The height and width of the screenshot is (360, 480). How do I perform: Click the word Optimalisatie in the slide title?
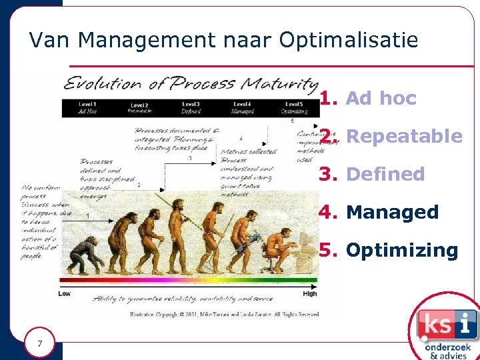349,41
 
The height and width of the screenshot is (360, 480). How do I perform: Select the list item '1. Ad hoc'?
367,99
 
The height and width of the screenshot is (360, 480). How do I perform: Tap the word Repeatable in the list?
405,137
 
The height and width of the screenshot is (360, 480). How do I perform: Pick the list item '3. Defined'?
371,175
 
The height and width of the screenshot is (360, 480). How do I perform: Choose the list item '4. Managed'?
378,213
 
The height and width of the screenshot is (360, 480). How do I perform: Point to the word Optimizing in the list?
402,251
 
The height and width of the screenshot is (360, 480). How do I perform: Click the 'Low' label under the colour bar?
65,293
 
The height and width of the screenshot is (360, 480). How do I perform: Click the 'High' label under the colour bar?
309,293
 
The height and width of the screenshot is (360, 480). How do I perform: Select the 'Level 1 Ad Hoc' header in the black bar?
87,108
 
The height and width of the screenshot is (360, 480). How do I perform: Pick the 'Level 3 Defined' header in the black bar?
191,108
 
